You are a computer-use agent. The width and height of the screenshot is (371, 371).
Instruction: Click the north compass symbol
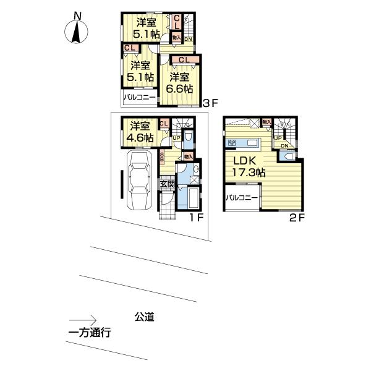[77, 32]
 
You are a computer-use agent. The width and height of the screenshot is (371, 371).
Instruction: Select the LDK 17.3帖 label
[249, 168]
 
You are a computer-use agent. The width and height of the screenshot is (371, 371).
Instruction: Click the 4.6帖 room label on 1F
[140, 132]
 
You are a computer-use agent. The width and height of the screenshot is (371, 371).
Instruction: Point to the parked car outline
[140, 182]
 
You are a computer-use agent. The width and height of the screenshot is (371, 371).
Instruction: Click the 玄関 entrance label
[168, 184]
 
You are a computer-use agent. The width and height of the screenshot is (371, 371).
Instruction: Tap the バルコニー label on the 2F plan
[241, 198]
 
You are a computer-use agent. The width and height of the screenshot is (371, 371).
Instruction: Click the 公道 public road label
[144, 317]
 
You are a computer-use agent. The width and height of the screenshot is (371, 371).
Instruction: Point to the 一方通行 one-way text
[89, 333]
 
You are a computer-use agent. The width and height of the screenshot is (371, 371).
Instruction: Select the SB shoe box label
[162, 157]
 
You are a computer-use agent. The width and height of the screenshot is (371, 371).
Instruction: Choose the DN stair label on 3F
[188, 39]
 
